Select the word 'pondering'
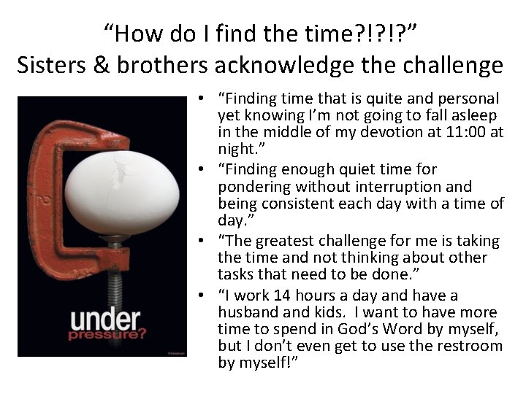click(x=251, y=187)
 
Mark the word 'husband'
click(x=250, y=312)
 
